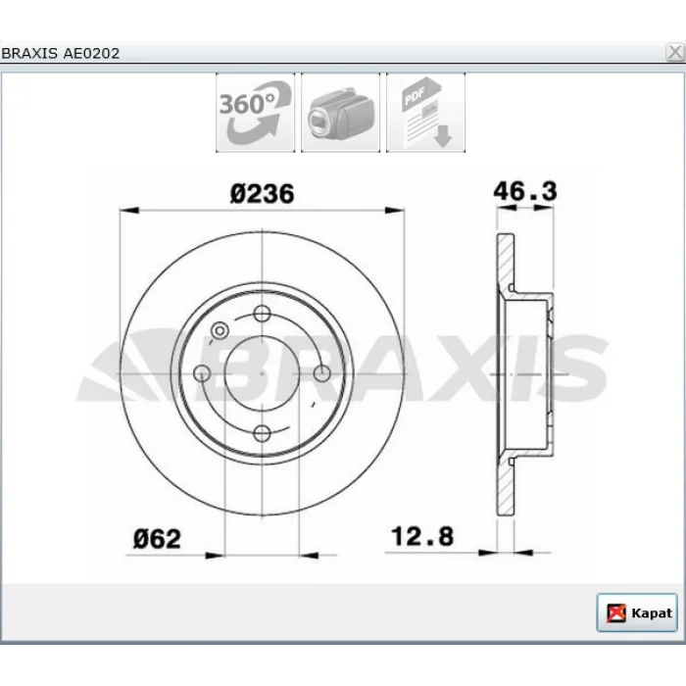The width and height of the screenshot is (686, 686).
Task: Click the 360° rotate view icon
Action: pos(255,113)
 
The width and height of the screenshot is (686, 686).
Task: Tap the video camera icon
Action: pos(340,113)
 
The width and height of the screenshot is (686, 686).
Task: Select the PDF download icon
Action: pos(425,113)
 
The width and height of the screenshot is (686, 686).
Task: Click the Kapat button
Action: pos(637,612)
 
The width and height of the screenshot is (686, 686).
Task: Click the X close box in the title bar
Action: pos(675,53)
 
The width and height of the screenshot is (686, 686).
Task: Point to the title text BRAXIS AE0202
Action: pos(61,53)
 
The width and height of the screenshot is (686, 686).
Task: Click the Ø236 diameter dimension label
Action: pos(262,194)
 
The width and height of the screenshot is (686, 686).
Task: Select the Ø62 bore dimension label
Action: pos(157,539)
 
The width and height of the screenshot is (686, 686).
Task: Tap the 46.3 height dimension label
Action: pos(525,191)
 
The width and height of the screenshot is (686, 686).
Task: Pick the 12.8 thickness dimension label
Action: pos(422,536)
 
